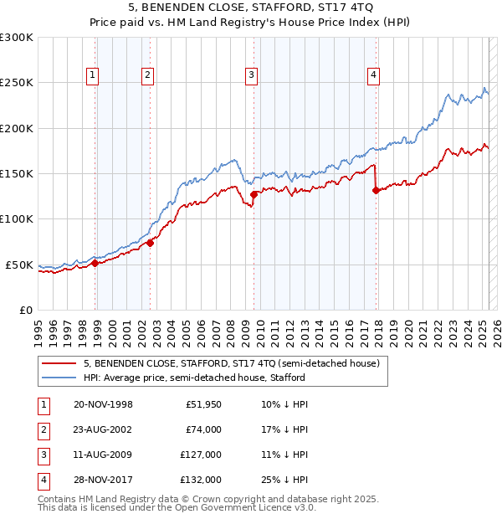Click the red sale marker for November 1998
(95, 263)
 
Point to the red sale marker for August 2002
(151, 243)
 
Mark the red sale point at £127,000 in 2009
(254, 195)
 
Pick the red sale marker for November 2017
(376, 190)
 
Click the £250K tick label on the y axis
(17, 83)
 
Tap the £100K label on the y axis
(17, 218)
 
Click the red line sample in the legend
(59, 363)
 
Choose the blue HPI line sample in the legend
(59, 378)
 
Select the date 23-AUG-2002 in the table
(104, 429)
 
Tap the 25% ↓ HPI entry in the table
(284, 480)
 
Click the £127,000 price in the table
(202, 455)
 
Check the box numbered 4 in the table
(41, 480)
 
